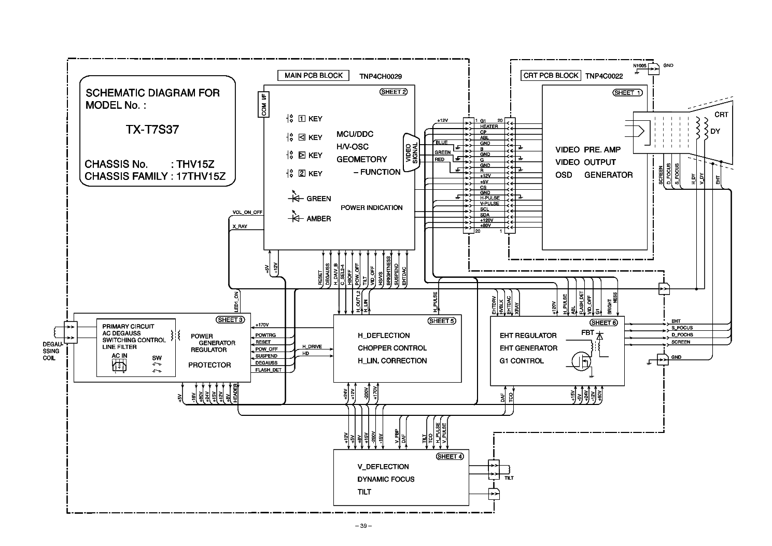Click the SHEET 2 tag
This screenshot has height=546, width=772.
[394, 92]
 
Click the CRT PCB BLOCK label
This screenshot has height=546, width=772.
[551, 75]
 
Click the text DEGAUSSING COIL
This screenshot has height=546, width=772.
[51, 351]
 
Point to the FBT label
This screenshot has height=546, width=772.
[587, 332]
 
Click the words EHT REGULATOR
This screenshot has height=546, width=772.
[528, 335]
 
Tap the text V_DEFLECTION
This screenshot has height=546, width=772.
[383, 467]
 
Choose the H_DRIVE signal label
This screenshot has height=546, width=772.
[312, 346]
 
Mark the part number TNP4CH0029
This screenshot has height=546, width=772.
[380, 76]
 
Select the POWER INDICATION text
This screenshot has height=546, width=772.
[371, 207]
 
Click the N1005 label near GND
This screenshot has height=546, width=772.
[640, 66]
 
